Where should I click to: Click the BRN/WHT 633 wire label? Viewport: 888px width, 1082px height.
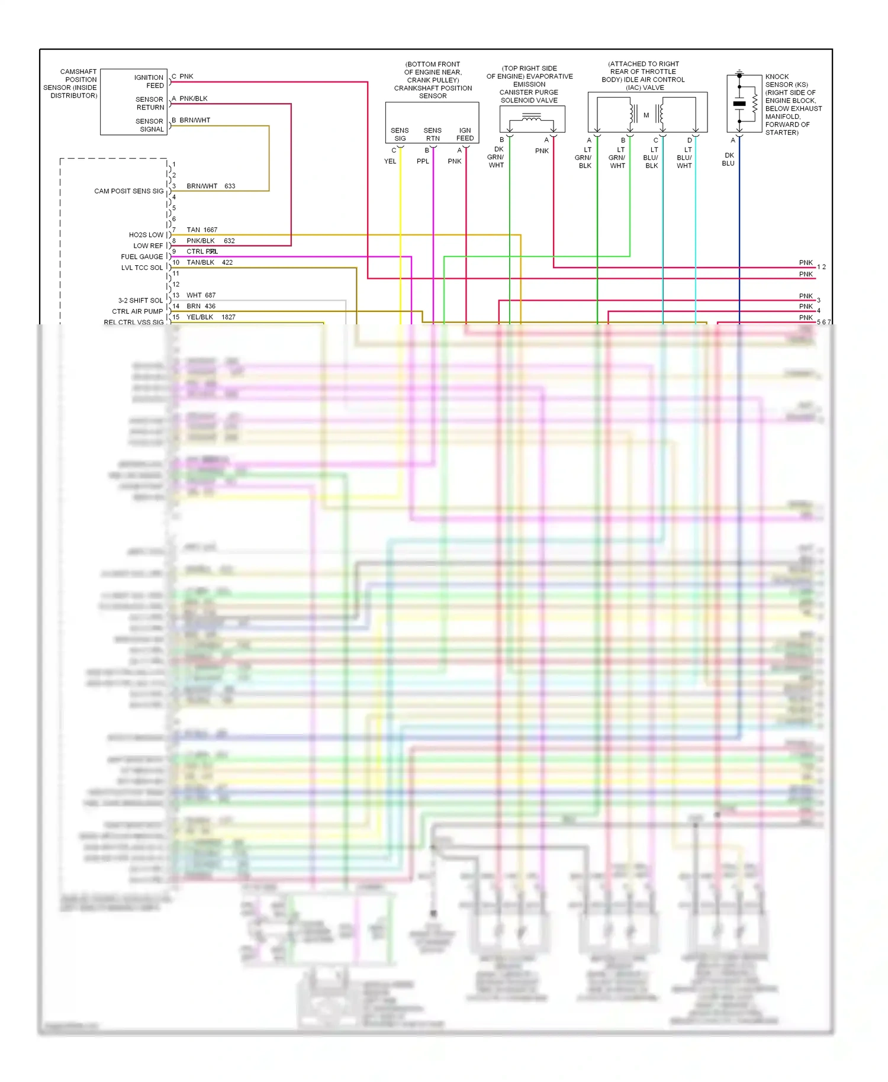pos(211,186)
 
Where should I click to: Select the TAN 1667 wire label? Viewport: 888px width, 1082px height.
pos(202,230)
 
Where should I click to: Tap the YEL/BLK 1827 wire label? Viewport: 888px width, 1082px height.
pos(211,317)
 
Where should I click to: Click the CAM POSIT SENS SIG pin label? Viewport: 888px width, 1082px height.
pos(128,191)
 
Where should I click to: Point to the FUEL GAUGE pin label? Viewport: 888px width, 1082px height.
pos(141,257)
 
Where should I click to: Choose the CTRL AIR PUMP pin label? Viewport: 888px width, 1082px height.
pos(137,311)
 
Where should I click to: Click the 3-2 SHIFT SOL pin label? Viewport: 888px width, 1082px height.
pos(140,301)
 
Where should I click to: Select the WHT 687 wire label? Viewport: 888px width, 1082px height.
pos(201,295)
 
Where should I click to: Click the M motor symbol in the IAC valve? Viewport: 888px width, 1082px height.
pos(646,115)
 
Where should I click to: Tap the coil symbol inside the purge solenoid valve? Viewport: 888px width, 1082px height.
pos(531,118)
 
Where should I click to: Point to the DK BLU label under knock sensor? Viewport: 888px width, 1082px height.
pos(729,159)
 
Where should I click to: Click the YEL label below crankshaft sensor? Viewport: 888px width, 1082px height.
pos(390,162)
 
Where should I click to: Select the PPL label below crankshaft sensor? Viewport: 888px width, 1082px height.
pos(423,162)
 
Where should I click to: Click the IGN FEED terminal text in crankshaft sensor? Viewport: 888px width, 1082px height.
pos(465,134)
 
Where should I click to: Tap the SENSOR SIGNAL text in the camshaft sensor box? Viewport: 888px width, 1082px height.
pos(150,125)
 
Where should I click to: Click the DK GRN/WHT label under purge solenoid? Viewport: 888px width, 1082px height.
pos(496,157)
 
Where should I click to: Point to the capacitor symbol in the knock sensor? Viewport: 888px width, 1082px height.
pos(739,104)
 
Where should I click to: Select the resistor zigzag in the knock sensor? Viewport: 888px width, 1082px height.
pos(755,104)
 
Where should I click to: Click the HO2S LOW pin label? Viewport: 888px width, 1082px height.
pos(146,235)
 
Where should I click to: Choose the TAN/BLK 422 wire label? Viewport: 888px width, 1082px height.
pos(210,262)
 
